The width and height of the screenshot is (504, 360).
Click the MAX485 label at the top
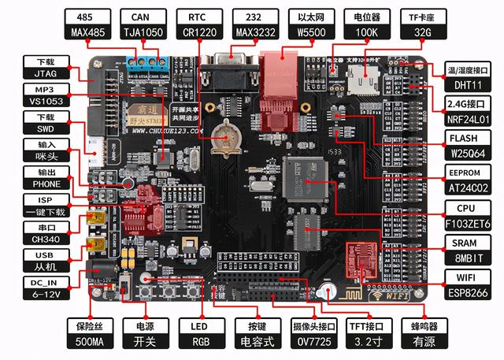pos(89,32)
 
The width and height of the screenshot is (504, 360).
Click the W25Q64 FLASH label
pos(468,152)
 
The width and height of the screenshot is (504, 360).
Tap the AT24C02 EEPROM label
pos(468,187)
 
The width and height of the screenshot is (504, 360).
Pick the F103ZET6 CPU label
pos(468,222)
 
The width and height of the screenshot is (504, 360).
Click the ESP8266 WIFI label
pos(468,292)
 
